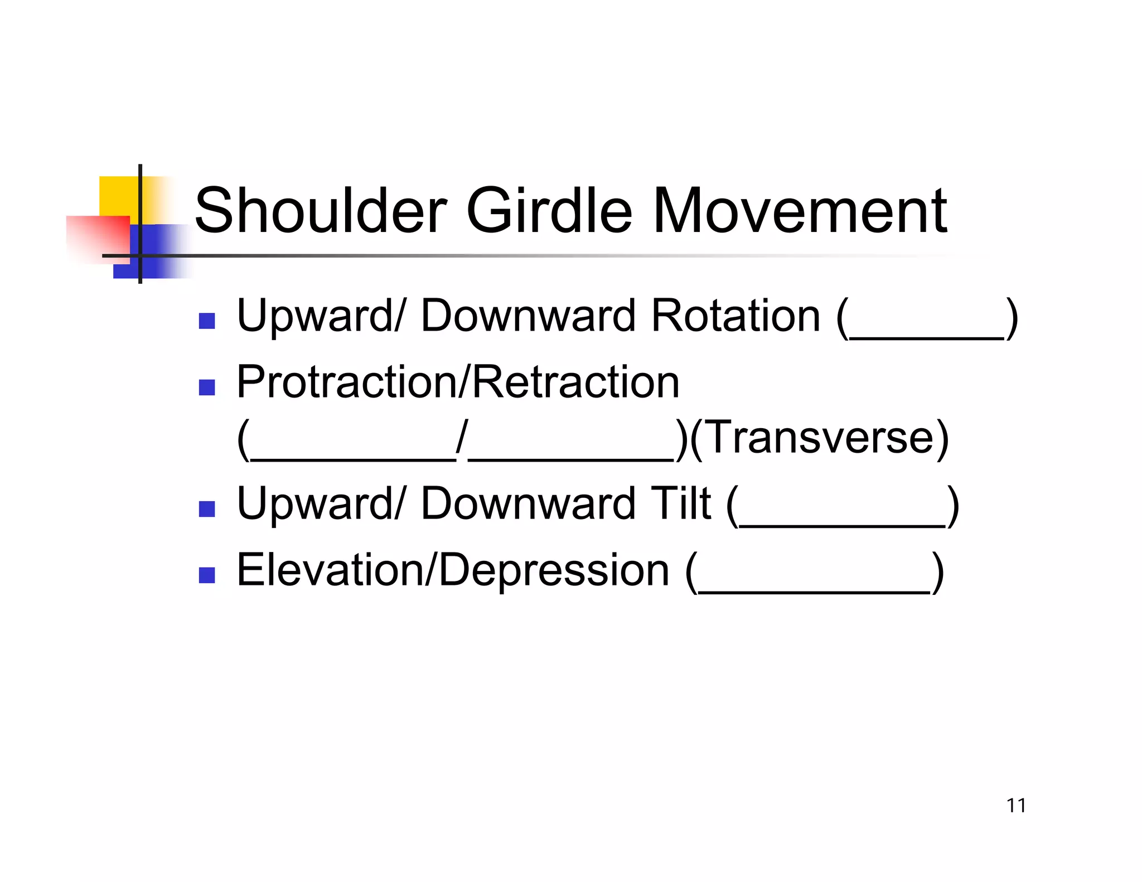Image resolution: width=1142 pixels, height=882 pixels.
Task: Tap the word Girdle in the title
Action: pos(549,211)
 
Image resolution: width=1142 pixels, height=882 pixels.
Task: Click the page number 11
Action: pos(1016,806)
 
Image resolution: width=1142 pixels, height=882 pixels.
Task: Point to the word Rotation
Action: pos(735,316)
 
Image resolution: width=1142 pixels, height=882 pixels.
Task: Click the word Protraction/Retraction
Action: pos(458,382)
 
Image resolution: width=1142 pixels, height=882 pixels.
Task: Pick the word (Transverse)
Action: pos(819,438)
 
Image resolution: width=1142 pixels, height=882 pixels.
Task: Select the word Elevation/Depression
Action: pos(452,570)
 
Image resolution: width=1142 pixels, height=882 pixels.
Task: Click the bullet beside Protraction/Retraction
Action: pos(207,387)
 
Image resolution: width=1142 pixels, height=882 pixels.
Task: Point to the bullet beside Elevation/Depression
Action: pos(207,575)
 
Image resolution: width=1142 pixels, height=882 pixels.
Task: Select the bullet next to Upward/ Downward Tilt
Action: pos(207,509)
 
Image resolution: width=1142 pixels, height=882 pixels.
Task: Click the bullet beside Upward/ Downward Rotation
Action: pos(207,321)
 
